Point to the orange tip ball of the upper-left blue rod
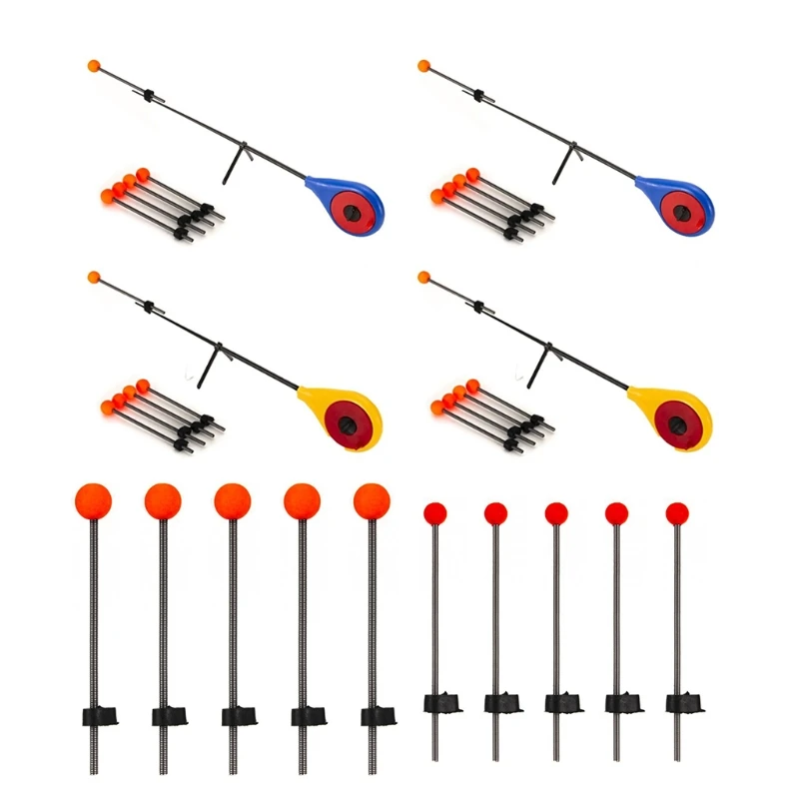pos(94,66)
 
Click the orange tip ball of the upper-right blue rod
pos(423,67)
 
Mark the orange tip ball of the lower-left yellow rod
pos(94,277)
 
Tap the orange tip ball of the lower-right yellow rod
pos(423,277)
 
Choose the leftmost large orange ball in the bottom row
pos(93,499)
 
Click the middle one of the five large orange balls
pos(232,499)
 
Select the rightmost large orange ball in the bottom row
pos(372,499)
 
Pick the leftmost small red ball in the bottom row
pos(434,513)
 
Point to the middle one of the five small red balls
pos(556,513)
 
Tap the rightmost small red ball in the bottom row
pos(677,513)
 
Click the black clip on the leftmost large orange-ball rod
pos(96,715)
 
